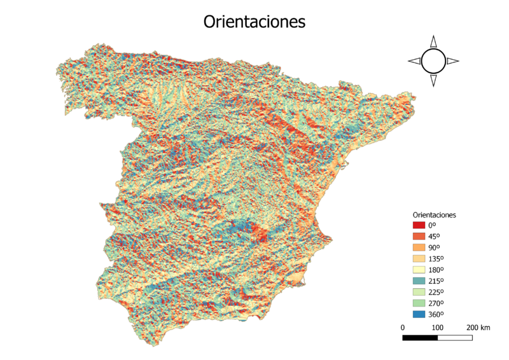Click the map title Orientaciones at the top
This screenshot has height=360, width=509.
pyautogui.click(x=254, y=22)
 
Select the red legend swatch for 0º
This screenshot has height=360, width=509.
pyautogui.click(x=419, y=225)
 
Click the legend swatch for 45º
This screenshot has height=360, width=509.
pyautogui.click(x=419, y=237)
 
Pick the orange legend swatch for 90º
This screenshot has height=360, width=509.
pyautogui.click(x=419, y=247)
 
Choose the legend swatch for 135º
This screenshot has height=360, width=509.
pyautogui.click(x=419, y=259)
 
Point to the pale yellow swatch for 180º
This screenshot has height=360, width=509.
pyautogui.click(x=419, y=270)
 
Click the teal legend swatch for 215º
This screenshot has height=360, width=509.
pyautogui.click(x=419, y=281)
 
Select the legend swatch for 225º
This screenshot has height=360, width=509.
pyautogui.click(x=419, y=292)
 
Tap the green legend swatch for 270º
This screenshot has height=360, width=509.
pyautogui.click(x=419, y=303)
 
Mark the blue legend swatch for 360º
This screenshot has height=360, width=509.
pyautogui.click(x=419, y=314)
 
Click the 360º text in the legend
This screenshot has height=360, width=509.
pyautogui.click(x=436, y=314)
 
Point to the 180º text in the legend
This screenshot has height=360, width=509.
pyautogui.click(x=436, y=270)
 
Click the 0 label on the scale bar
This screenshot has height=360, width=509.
pyautogui.click(x=403, y=328)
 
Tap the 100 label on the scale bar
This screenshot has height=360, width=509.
pyautogui.click(x=438, y=328)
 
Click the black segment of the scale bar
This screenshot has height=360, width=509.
pyautogui.click(x=420, y=338)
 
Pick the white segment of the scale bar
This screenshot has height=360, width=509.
pyautogui.click(x=455, y=338)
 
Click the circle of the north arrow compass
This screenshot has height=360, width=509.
pyautogui.click(x=433, y=61)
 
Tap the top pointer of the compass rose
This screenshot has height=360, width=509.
pyautogui.click(x=433, y=41)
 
